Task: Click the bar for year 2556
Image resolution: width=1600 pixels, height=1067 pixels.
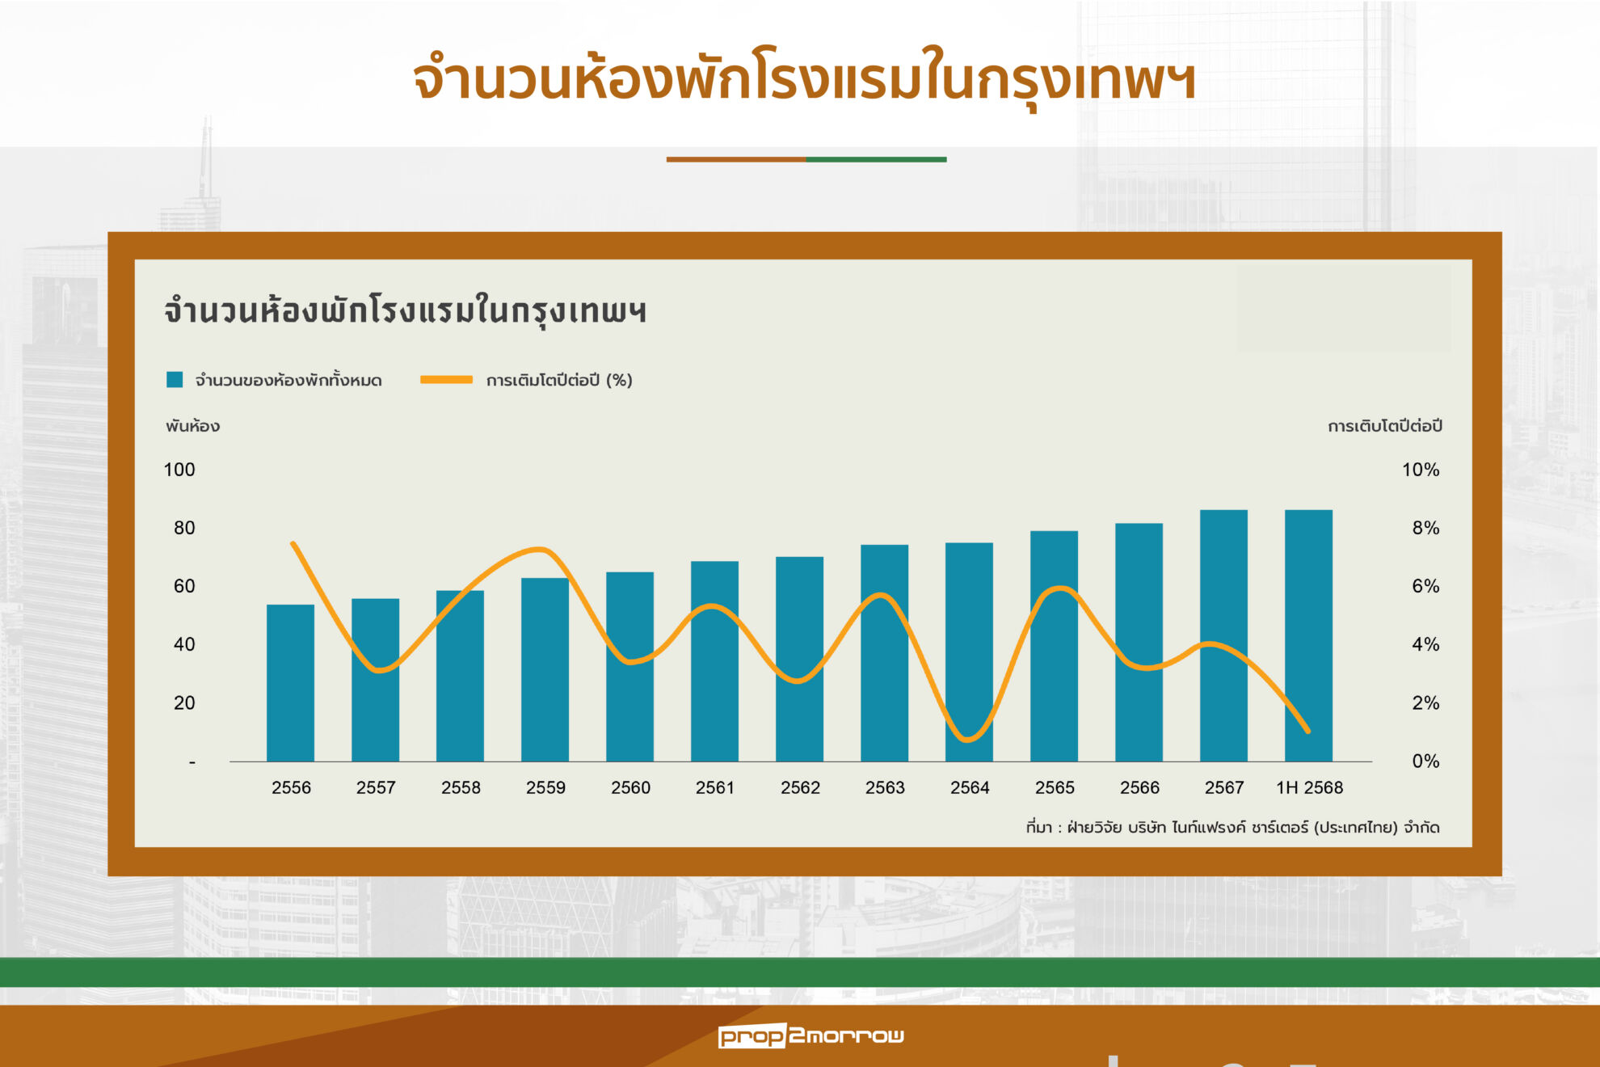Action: click(290, 683)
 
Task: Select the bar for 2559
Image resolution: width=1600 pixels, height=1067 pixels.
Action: click(545, 669)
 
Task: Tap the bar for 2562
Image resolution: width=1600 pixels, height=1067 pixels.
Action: click(799, 659)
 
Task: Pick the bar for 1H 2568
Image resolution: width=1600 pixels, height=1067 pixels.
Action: click(1308, 635)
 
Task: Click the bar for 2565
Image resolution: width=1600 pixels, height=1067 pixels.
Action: click(1054, 646)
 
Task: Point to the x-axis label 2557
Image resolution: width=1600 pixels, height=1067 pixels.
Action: click(376, 787)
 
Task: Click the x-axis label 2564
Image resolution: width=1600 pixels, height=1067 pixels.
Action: click(970, 787)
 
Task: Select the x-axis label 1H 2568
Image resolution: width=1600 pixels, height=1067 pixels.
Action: click(1309, 787)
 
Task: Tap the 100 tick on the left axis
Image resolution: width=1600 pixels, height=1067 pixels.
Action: click(179, 470)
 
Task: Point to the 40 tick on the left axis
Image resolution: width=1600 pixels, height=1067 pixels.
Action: click(184, 644)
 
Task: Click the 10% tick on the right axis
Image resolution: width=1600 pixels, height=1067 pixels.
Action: click(1421, 470)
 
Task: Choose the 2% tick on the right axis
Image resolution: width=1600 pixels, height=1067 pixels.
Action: click(1425, 702)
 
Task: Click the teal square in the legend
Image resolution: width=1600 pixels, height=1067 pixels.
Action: click(175, 380)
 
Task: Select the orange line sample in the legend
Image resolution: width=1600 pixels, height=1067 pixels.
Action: click(446, 379)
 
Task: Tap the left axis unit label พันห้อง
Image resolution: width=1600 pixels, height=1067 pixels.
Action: click(192, 426)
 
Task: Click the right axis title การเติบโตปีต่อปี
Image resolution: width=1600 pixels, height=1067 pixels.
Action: click(1385, 426)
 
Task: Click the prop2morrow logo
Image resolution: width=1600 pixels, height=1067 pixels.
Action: click(811, 1035)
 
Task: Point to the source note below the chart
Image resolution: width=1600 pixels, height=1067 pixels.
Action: click(1232, 827)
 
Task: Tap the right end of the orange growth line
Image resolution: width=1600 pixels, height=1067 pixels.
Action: click(1307, 732)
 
